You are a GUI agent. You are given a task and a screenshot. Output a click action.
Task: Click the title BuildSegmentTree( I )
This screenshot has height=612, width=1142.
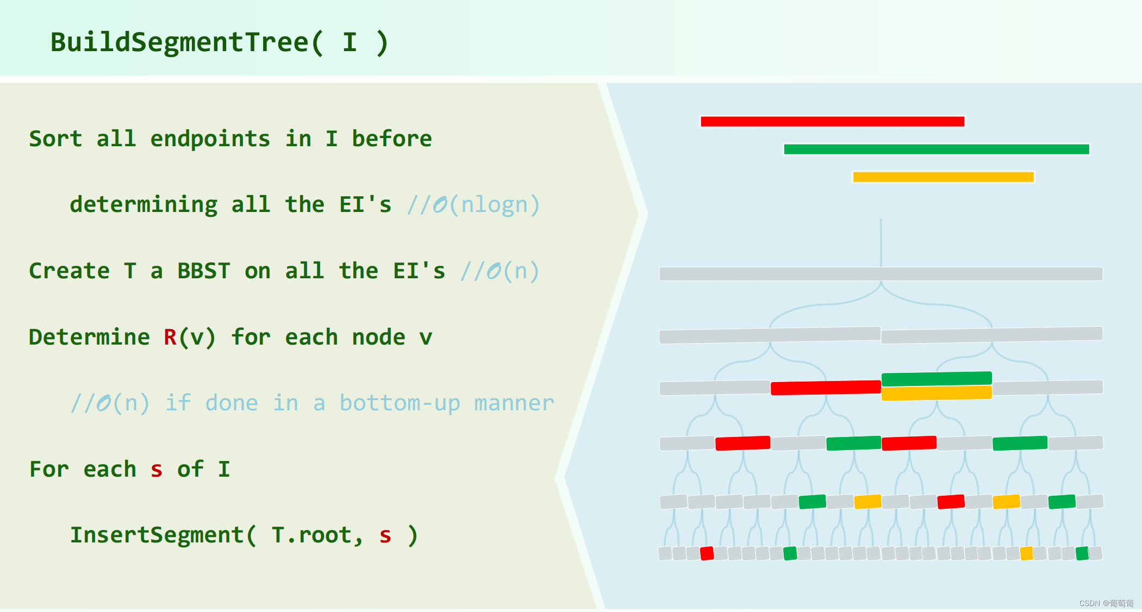tap(219, 42)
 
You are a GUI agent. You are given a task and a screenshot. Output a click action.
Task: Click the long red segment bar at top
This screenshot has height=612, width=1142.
tap(832, 121)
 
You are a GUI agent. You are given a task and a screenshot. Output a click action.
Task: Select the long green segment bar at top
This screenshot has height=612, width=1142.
tap(936, 149)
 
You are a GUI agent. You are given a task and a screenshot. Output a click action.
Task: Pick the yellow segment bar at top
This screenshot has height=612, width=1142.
tap(943, 177)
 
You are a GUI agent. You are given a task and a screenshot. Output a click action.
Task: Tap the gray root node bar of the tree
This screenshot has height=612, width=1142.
tap(881, 273)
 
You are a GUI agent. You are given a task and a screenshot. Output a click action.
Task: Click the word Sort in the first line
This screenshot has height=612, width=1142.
tap(55, 139)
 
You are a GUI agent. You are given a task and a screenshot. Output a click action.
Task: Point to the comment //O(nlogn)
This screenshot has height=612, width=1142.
tap(473, 205)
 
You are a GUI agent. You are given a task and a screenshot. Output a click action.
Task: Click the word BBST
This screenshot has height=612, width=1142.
tap(204, 271)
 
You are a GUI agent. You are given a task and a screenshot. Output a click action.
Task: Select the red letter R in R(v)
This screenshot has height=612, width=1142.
tap(170, 337)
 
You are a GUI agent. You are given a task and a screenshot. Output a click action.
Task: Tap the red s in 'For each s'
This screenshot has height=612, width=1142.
tap(157, 470)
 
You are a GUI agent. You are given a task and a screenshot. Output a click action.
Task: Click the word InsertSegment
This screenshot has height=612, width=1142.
tap(157, 535)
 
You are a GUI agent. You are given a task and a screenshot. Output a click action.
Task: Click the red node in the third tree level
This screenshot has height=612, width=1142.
tap(825, 387)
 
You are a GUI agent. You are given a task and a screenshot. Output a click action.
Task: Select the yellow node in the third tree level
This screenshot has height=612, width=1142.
tap(936, 393)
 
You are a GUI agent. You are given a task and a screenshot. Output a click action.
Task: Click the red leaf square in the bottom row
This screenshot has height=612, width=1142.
tap(707, 553)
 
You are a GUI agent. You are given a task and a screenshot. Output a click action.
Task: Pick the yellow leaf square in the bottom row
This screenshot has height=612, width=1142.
tap(1026, 553)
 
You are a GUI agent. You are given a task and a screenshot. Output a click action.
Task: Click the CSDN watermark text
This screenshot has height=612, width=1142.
tap(1106, 603)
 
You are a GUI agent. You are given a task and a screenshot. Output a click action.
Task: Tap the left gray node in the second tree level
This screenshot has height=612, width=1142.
tap(769, 335)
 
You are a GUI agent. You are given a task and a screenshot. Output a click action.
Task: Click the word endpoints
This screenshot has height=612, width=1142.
tap(210, 139)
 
